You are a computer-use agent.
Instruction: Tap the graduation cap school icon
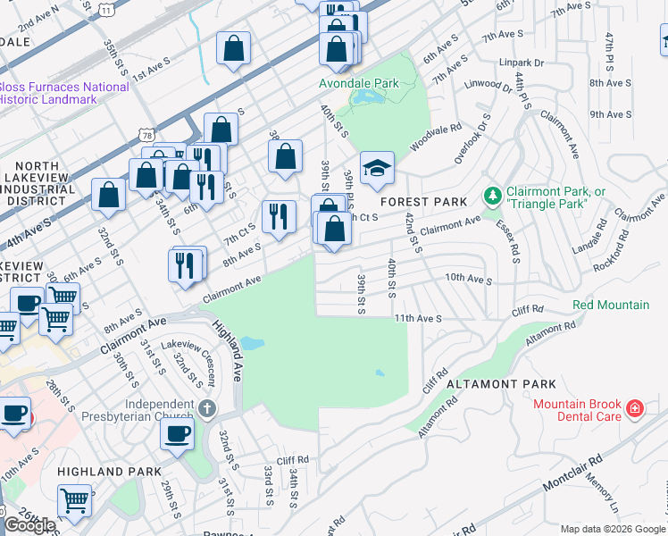coord(377,168)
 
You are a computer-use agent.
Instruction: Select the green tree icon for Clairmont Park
coord(491,194)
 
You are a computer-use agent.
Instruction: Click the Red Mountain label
coord(611,306)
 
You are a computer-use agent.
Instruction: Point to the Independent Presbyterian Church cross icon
coord(206,409)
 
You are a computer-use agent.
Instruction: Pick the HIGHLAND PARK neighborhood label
coord(109,472)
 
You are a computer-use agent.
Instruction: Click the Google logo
coord(29,525)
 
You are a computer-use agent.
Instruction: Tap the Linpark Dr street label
coord(522,63)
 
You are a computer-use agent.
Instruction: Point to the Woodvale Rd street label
coord(436,137)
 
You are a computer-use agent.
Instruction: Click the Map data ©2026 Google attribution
coord(613,529)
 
